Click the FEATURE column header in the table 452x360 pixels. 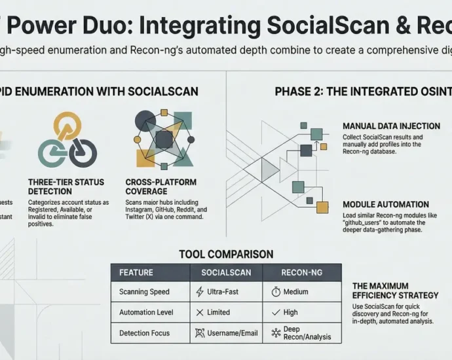pyautogui.click(x=136, y=272)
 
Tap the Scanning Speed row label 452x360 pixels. pyautogui.click(x=144, y=292)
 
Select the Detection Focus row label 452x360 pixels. pyautogui.click(x=144, y=333)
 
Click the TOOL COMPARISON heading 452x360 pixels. pyautogui.click(x=226, y=254)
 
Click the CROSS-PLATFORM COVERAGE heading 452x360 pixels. pyautogui.click(x=161, y=186)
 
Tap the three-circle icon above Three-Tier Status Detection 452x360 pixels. pyautogui.click(x=67, y=141)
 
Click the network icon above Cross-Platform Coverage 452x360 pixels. pyautogui.click(x=162, y=138)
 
